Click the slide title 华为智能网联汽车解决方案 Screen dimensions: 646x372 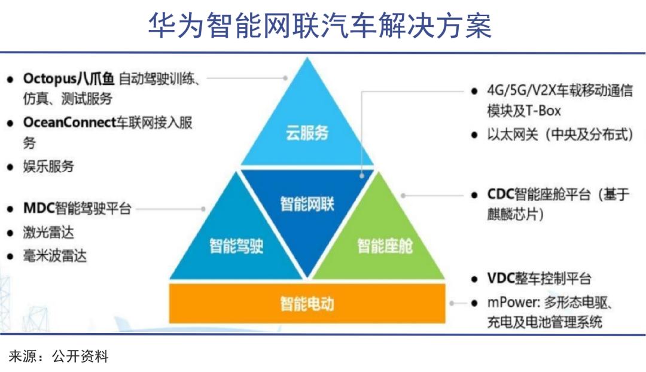tap(320, 26)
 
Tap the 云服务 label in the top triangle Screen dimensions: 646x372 tap(307, 133)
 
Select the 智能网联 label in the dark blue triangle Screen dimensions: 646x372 tap(307, 203)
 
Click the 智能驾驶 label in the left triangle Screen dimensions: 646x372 tap(236, 246)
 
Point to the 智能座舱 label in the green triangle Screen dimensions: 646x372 tap(385, 246)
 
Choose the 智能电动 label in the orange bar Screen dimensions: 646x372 tap(307, 304)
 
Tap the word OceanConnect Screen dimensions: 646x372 tap(69, 123)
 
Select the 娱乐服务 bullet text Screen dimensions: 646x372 tap(48, 166)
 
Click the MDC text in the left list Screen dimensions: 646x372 tap(39, 209)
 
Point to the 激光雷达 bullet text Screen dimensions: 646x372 tap(48, 233)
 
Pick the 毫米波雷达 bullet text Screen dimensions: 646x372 tap(55, 256)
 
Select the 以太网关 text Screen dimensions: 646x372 tap(513, 135)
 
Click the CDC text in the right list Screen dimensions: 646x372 tap(501, 194)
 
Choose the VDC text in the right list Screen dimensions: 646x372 tap(501, 279)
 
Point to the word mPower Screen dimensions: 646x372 tap(513, 303)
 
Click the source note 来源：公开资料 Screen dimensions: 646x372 tap(59, 356)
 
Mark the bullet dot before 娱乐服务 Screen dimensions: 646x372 tap(10, 167)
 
